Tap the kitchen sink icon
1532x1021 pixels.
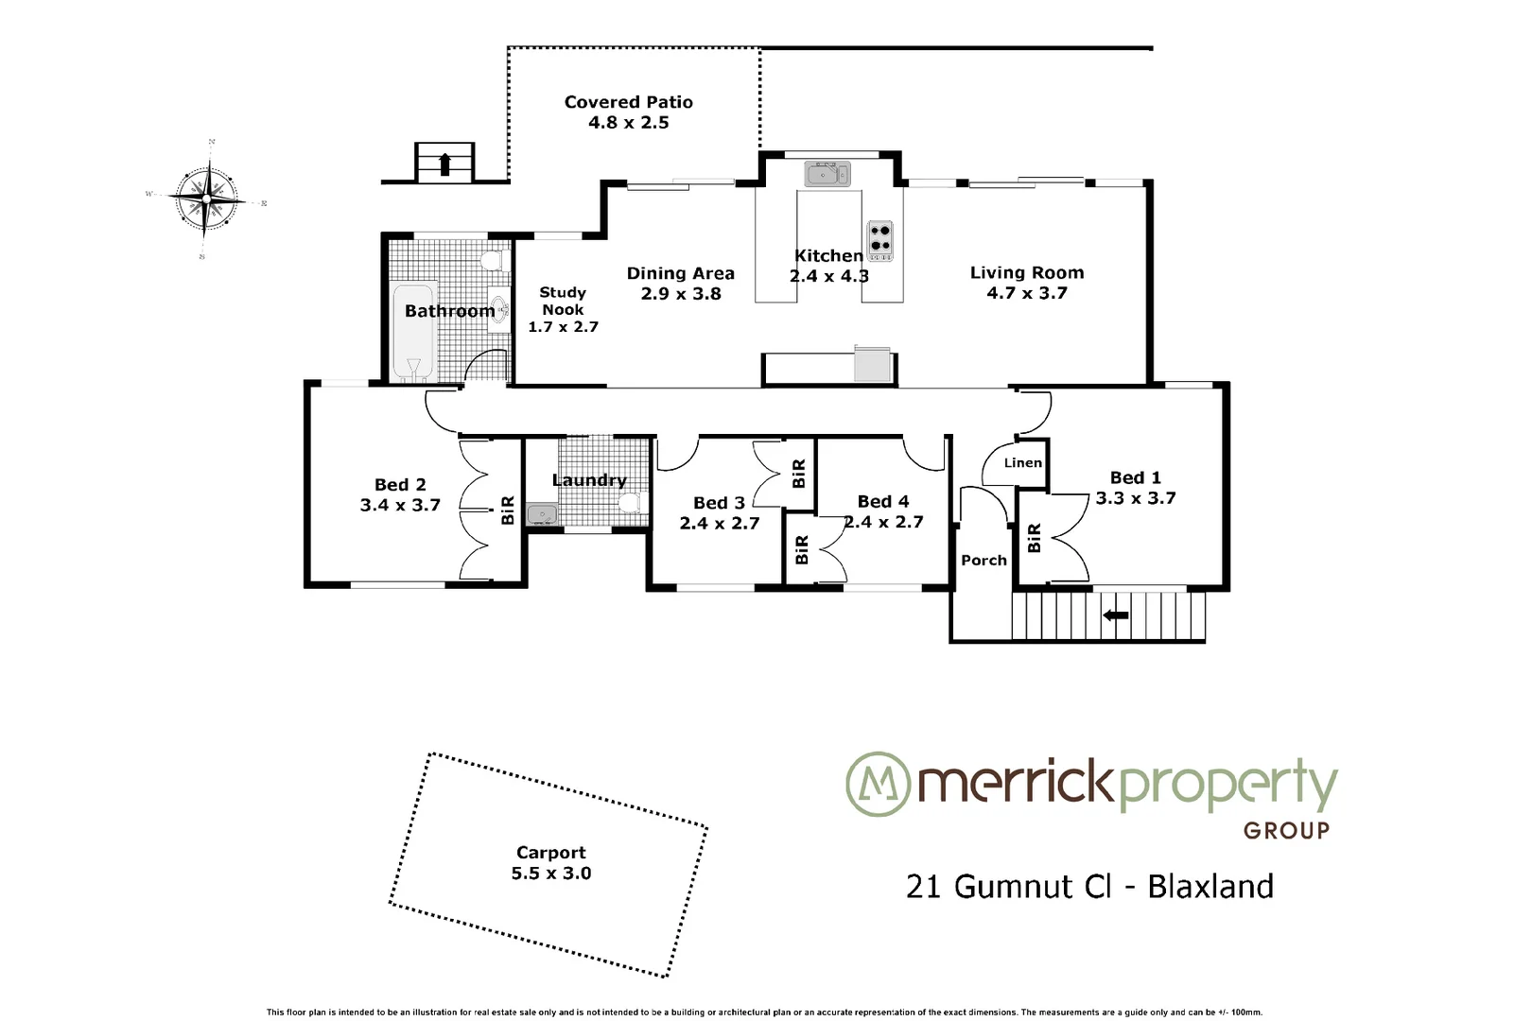pyautogui.click(x=827, y=174)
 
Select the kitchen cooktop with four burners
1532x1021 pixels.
pyautogui.click(x=879, y=240)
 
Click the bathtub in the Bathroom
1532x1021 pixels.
pyautogui.click(x=412, y=332)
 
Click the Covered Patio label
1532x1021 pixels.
pyautogui.click(x=628, y=102)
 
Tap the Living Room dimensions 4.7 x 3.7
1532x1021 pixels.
pyautogui.click(x=1026, y=293)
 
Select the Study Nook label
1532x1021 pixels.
pyautogui.click(x=563, y=301)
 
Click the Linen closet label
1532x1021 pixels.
pyautogui.click(x=1022, y=462)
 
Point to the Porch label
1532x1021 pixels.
pyautogui.click(x=984, y=560)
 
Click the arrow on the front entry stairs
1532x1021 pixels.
pyautogui.click(x=1116, y=615)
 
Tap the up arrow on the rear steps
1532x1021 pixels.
pyautogui.click(x=444, y=164)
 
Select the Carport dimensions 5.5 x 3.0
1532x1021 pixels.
pyautogui.click(x=551, y=874)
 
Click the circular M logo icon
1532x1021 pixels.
pyautogui.click(x=877, y=784)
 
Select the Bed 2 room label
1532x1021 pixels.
pyautogui.click(x=400, y=484)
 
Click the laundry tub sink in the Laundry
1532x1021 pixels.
pyautogui.click(x=542, y=514)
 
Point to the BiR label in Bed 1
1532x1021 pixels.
pyautogui.click(x=1034, y=538)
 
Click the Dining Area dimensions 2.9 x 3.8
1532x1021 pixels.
pyautogui.click(x=680, y=294)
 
